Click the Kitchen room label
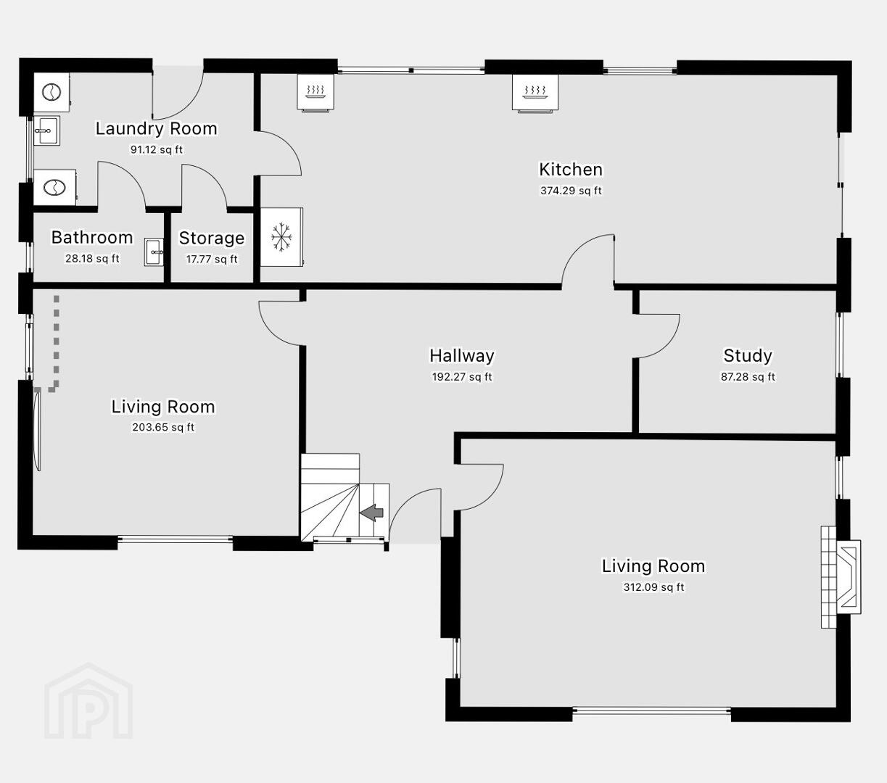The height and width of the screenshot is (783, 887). click(571, 170)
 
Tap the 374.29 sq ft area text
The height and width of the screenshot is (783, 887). click(571, 191)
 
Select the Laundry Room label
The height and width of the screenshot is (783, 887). click(157, 128)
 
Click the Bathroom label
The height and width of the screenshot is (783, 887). click(92, 238)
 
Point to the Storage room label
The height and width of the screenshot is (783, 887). click(212, 238)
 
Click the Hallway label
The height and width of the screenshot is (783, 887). click(462, 355)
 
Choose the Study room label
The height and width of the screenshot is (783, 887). click(748, 355)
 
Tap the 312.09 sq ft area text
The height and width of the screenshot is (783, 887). click(653, 587)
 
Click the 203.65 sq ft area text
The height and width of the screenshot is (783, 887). click(163, 427)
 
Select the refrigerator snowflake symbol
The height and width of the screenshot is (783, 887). click(281, 237)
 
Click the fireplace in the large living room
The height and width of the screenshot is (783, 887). click(841, 577)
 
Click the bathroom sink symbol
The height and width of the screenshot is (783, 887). click(154, 252)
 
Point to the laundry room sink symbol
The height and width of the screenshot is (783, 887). click(47, 130)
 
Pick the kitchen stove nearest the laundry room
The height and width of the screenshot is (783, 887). click(315, 92)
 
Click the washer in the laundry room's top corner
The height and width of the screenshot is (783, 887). click(51, 92)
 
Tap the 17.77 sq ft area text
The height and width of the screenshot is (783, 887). click(212, 260)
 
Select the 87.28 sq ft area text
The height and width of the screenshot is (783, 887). click(748, 377)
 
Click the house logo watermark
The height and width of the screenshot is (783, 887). click(88, 701)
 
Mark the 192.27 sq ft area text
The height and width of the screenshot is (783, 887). click(462, 377)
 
